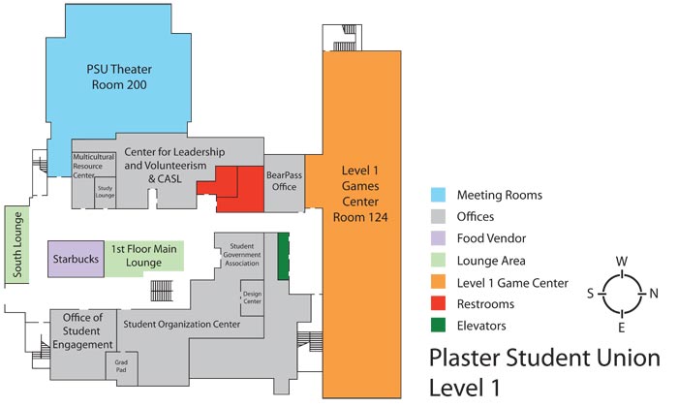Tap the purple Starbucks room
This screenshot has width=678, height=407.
(x=74, y=259)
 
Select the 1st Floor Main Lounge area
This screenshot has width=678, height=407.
(x=143, y=257)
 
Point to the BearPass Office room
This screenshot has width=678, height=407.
(x=283, y=180)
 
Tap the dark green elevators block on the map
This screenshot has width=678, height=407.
(x=284, y=257)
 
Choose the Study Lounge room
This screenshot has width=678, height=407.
(x=106, y=192)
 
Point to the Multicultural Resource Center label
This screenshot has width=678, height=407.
(x=96, y=166)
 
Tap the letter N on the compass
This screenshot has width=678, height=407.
(x=653, y=293)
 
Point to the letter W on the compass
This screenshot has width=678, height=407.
(x=620, y=261)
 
